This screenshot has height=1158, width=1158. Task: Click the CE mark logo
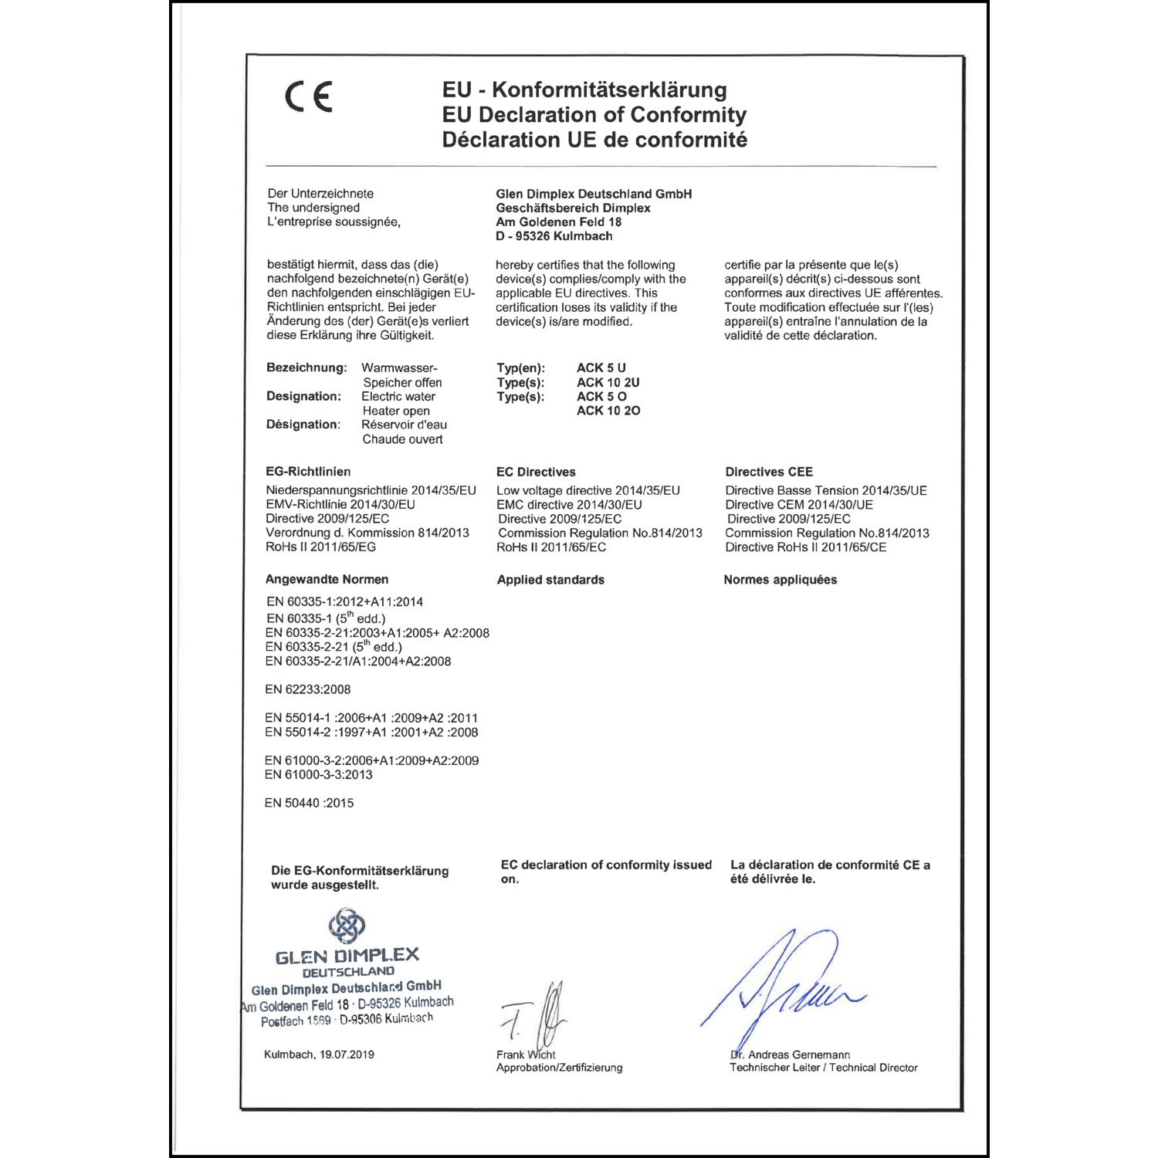309,97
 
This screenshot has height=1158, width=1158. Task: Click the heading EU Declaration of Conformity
594,115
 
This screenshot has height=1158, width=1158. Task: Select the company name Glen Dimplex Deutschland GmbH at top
594,194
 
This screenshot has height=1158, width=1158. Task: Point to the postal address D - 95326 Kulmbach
554,236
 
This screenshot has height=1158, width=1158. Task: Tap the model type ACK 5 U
601,368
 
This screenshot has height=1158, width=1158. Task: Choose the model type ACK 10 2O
608,411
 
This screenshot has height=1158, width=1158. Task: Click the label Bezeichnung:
306,367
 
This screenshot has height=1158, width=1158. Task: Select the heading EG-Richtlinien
308,472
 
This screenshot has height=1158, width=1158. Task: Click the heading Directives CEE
768,472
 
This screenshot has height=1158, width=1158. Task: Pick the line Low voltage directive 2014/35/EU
587,490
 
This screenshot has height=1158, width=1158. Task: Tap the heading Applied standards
550,580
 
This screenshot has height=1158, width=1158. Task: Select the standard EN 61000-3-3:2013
318,774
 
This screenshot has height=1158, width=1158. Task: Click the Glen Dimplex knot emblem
347,925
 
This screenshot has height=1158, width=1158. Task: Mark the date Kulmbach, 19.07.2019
319,1055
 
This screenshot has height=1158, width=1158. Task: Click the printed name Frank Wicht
526,1055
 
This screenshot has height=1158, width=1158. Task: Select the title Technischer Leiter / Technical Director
823,1068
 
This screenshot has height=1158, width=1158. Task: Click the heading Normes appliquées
780,580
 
